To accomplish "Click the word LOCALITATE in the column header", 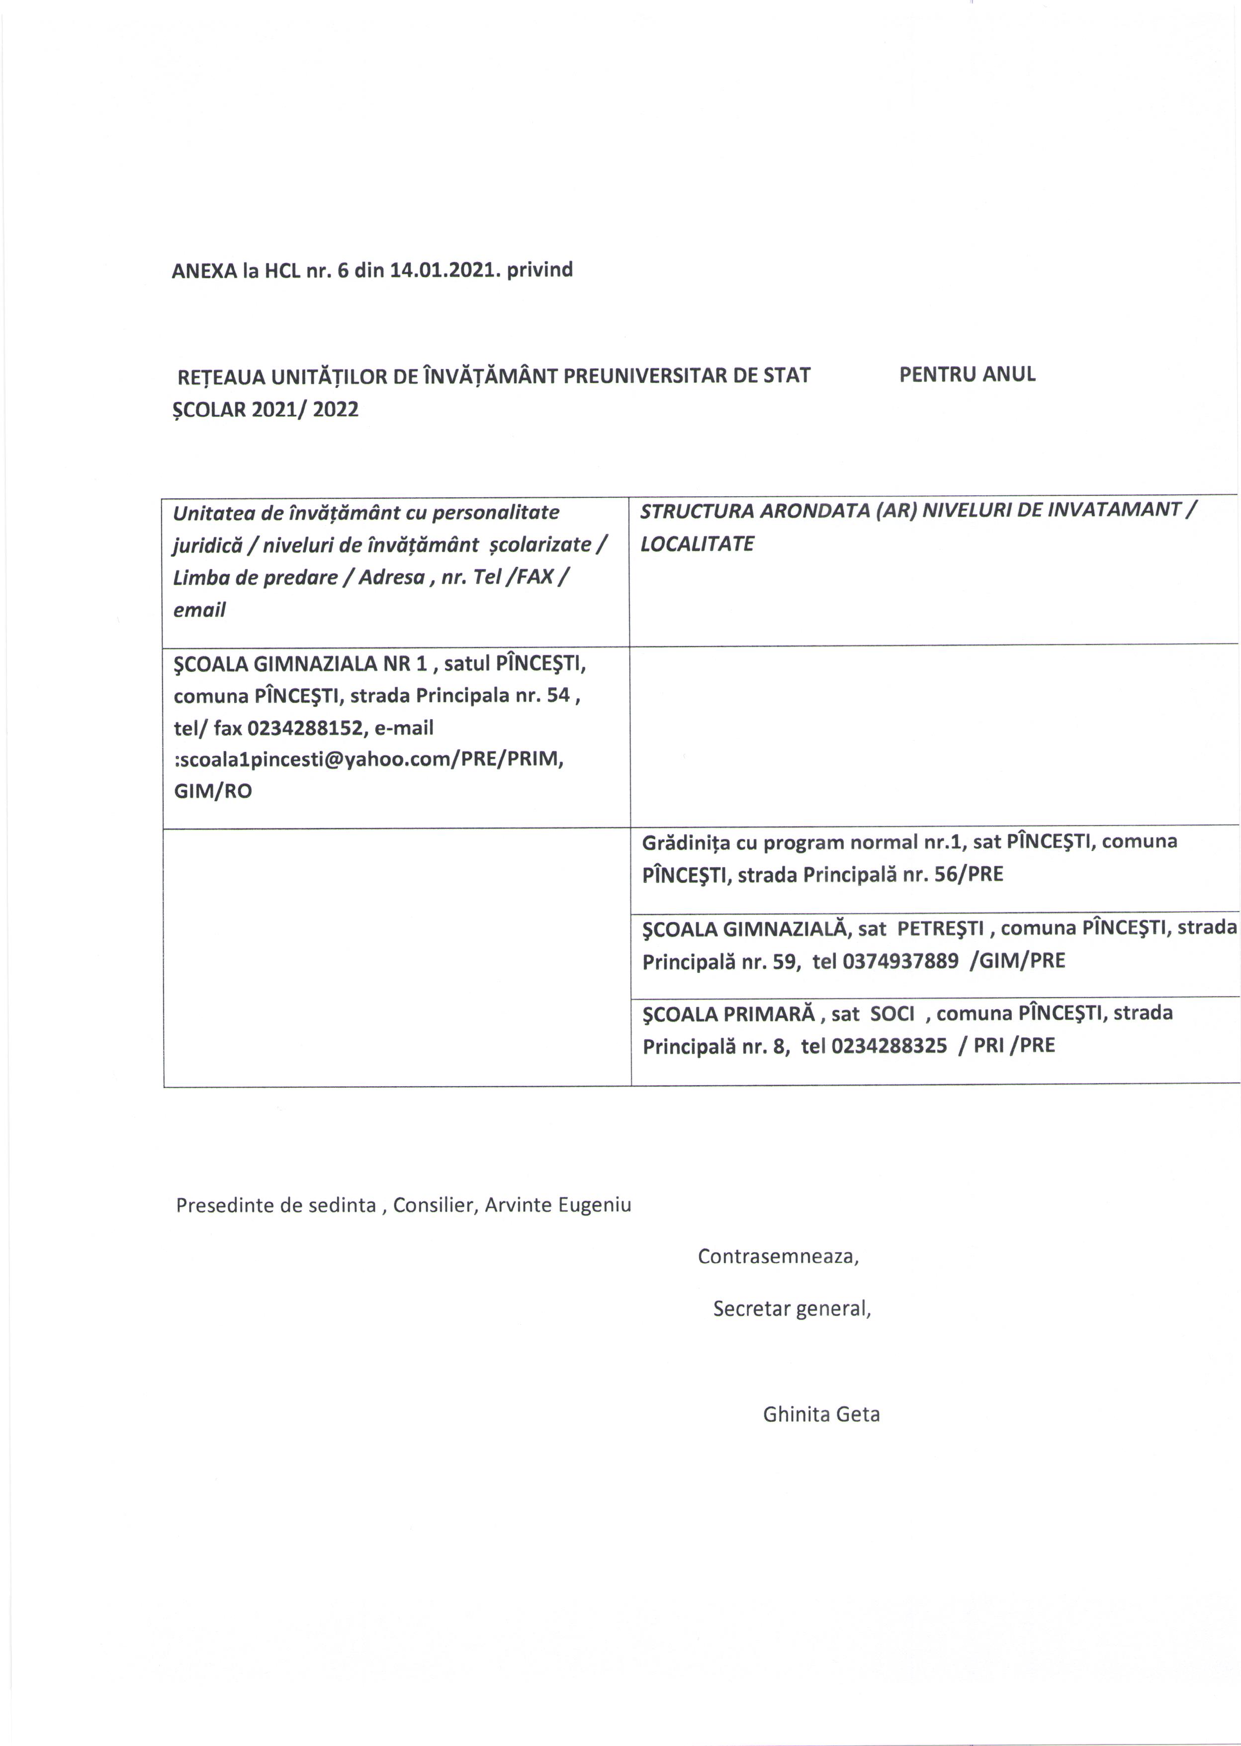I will coord(697,544).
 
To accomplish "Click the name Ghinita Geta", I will coord(821,1414).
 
